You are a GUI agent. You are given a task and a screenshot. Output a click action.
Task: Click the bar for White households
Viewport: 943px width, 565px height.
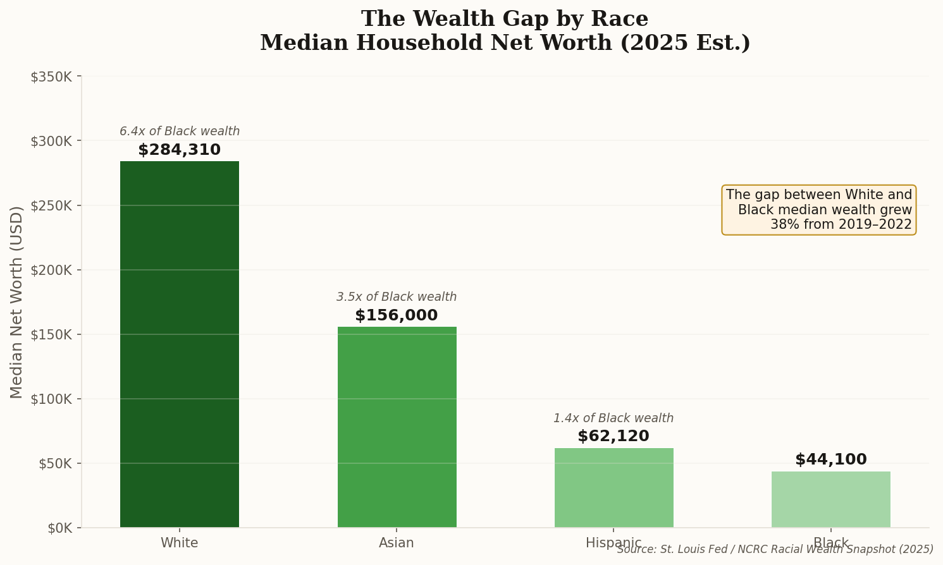(x=180, y=344)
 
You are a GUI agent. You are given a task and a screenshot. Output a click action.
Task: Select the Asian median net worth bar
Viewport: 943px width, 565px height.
(x=397, y=427)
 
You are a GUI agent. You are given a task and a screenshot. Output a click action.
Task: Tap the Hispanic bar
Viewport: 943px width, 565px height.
(x=613, y=487)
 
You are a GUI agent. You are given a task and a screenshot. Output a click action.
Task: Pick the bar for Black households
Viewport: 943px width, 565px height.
(x=830, y=499)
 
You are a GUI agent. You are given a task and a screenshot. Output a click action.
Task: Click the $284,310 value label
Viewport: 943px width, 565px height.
(x=180, y=150)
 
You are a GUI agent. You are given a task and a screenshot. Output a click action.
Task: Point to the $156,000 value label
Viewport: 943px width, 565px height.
(x=397, y=316)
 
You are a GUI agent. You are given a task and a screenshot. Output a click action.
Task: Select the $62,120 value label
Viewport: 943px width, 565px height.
(x=613, y=437)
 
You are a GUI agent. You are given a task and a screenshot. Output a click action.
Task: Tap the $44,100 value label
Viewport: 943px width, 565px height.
(x=830, y=460)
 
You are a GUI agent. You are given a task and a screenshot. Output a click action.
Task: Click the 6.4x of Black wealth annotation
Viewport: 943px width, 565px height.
(x=180, y=131)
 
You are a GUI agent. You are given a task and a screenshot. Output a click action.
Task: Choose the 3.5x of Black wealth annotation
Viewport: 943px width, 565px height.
(x=397, y=297)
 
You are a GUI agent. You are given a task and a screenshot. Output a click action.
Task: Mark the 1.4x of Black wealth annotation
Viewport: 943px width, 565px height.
(x=613, y=418)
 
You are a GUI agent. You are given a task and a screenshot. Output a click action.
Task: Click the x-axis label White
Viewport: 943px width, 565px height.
(x=180, y=543)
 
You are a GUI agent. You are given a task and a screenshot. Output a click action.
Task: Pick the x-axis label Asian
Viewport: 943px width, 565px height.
(x=397, y=543)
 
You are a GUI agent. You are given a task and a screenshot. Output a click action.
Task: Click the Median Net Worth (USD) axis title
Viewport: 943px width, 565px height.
(x=17, y=302)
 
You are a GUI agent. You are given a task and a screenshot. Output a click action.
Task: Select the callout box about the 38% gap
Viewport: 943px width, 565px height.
(x=818, y=210)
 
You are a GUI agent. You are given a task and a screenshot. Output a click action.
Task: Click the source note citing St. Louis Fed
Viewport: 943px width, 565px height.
(x=775, y=550)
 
